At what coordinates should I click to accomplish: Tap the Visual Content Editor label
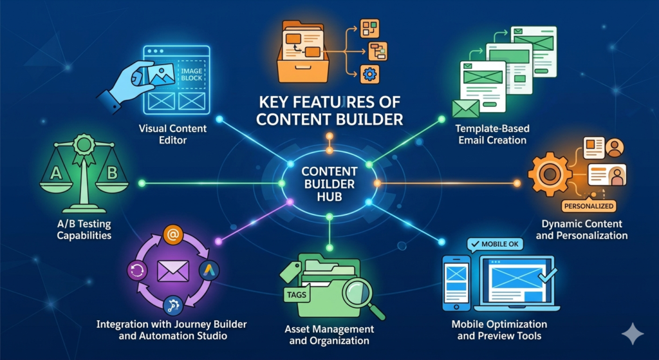click(x=172, y=134)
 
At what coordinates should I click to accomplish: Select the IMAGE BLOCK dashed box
click(x=191, y=74)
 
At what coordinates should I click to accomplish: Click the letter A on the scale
click(x=57, y=173)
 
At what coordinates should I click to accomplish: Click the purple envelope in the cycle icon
click(x=172, y=271)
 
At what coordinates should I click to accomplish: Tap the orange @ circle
click(x=172, y=234)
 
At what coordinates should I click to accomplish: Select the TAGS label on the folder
click(x=297, y=294)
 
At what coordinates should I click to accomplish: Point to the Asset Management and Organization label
click(x=329, y=335)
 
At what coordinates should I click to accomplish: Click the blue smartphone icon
click(x=457, y=283)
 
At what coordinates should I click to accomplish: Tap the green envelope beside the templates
click(x=465, y=108)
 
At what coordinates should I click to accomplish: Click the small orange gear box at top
click(x=369, y=75)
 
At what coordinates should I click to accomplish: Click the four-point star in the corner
click(x=633, y=334)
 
